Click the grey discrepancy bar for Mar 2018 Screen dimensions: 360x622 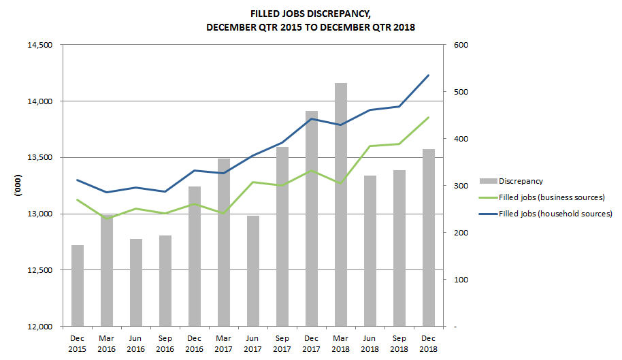pyautogui.click(x=340, y=204)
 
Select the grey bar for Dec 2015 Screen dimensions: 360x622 pyautogui.click(x=78, y=285)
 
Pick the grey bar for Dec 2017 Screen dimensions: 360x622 pyautogui.click(x=311, y=218)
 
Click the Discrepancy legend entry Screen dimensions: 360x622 pyautogui.click(x=520, y=181)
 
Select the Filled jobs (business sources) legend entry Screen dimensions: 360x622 pyautogui.click(x=551, y=197)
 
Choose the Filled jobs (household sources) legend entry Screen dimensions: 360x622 pyautogui.click(x=555, y=214)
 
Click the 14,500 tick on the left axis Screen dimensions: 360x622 pyautogui.click(x=40, y=45)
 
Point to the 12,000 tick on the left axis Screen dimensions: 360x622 pyautogui.click(x=40, y=327)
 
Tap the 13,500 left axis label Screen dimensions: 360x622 pyautogui.click(x=40, y=158)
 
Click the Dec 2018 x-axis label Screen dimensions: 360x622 pyautogui.click(x=428, y=342)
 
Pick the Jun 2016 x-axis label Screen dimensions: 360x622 pyautogui.click(x=136, y=342)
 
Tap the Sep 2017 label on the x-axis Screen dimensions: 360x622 pyautogui.click(x=282, y=342)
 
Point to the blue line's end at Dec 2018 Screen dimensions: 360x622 pyautogui.click(x=428, y=76)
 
